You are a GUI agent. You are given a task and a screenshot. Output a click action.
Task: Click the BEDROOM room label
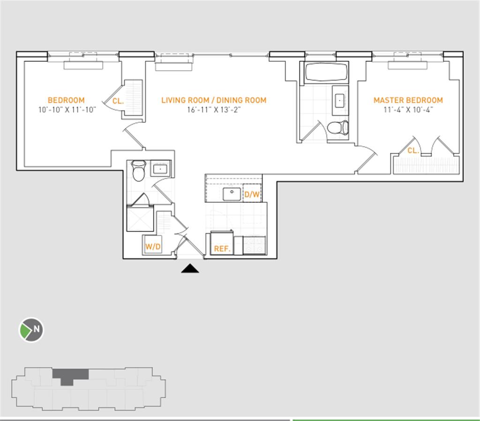[66, 100]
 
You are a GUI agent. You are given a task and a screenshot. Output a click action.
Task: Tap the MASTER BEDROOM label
[408, 100]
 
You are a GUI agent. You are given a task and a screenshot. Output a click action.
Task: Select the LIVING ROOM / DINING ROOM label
[214, 100]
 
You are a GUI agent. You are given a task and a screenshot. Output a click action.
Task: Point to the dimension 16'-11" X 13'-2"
[214, 111]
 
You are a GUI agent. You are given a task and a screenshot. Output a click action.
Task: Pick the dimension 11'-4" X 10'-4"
[408, 111]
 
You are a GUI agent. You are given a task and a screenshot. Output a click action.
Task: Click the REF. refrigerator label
[222, 249]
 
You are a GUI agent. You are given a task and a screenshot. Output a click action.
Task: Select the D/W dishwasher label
[252, 194]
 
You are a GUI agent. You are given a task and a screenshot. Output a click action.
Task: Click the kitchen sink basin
[232, 194]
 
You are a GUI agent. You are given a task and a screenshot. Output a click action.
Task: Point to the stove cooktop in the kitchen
[255, 245]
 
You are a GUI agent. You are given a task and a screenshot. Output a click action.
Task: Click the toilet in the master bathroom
[337, 127]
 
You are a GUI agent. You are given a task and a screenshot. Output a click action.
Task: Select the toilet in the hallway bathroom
[138, 171]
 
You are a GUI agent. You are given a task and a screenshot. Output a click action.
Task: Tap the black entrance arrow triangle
[190, 268]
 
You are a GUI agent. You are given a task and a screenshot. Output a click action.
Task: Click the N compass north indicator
[31, 330]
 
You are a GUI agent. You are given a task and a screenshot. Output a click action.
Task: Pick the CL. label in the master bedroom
[413, 151]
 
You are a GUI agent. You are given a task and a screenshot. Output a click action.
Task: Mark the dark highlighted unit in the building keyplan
[70, 375]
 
